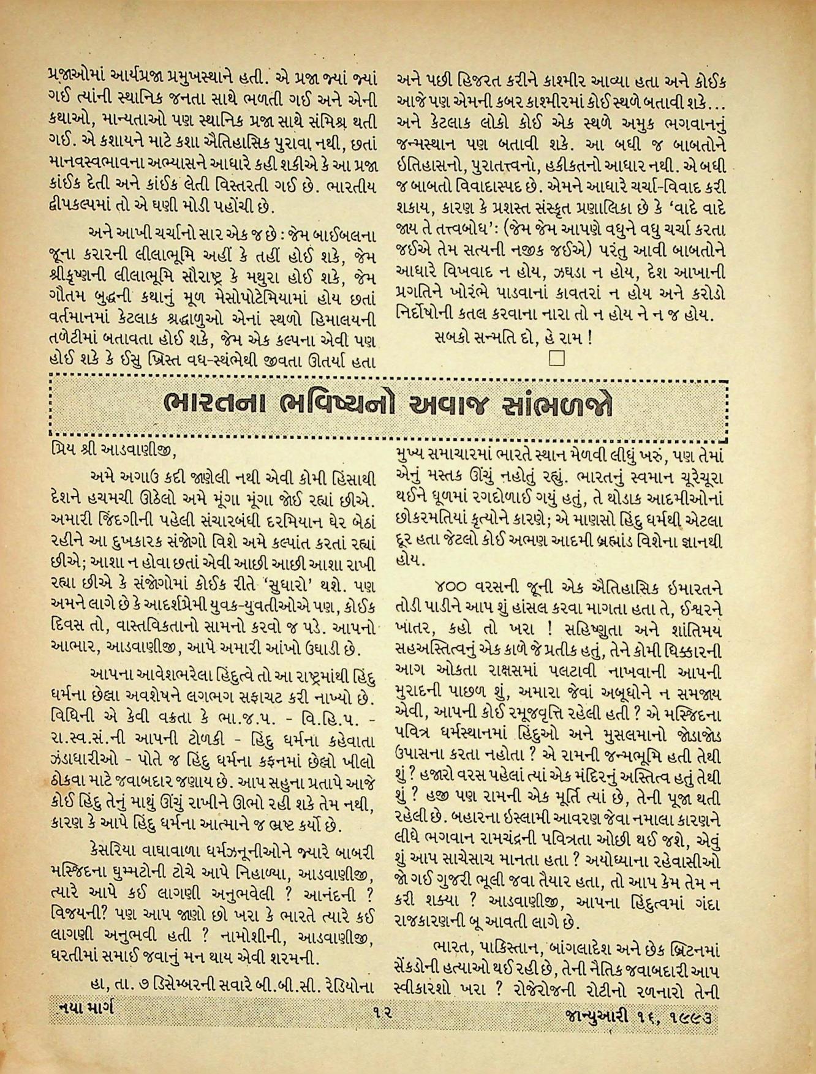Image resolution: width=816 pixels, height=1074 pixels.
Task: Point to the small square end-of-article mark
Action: point(556,358)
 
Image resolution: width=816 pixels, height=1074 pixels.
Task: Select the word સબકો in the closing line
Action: point(453,338)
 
